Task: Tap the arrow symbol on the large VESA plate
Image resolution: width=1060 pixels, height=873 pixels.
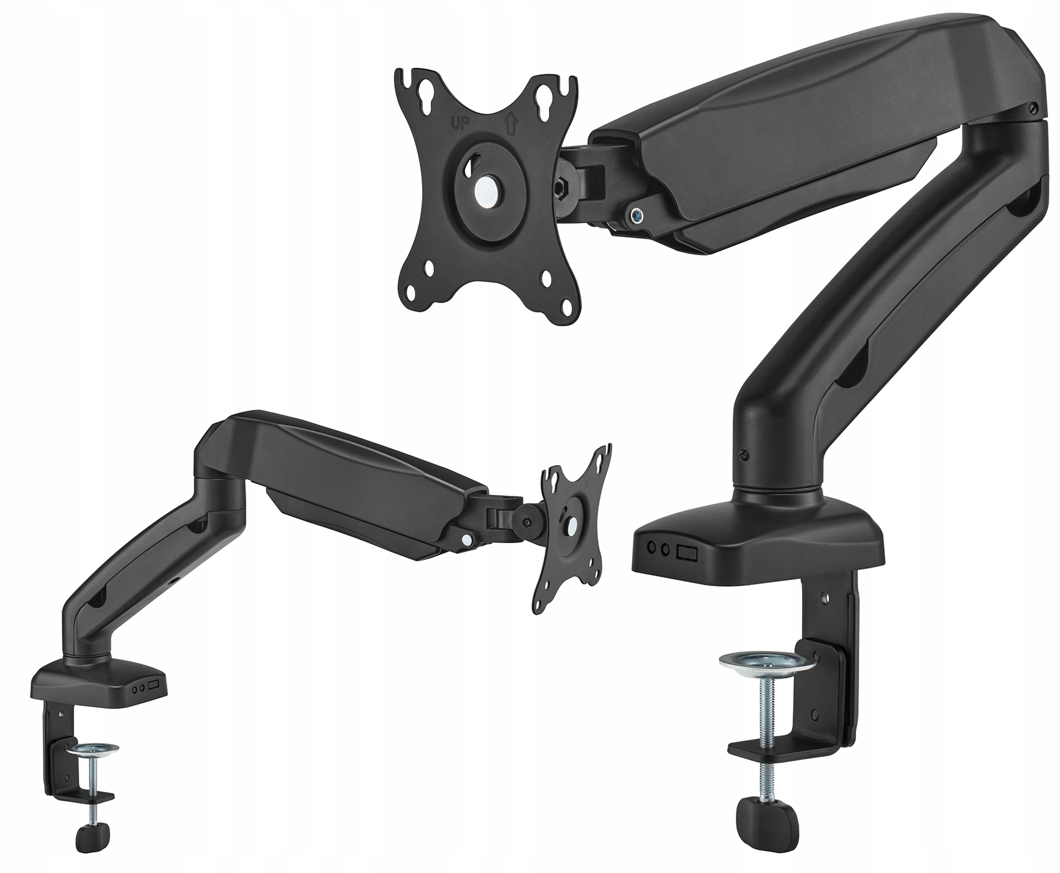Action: click(x=511, y=122)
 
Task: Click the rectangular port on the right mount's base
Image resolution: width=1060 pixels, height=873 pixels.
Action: click(x=688, y=551)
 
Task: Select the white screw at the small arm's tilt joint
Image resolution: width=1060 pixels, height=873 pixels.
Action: click(x=466, y=540)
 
